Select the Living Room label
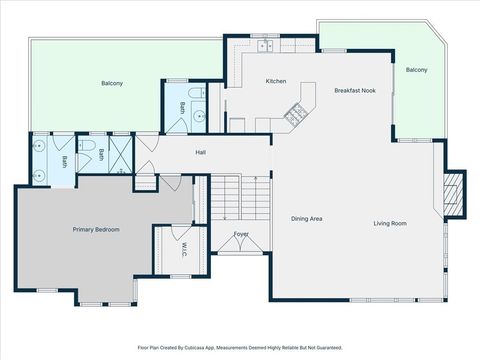click(x=390, y=223)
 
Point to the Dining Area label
click(x=306, y=218)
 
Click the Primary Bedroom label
click(x=96, y=230)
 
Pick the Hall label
click(x=200, y=153)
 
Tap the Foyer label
click(x=241, y=234)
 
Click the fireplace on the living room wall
click(x=455, y=192)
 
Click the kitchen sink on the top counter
click(x=266, y=45)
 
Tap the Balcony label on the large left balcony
click(x=113, y=83)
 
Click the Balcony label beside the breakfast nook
click(x=416, y=70)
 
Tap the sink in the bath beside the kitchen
click(x=199, y=116)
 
